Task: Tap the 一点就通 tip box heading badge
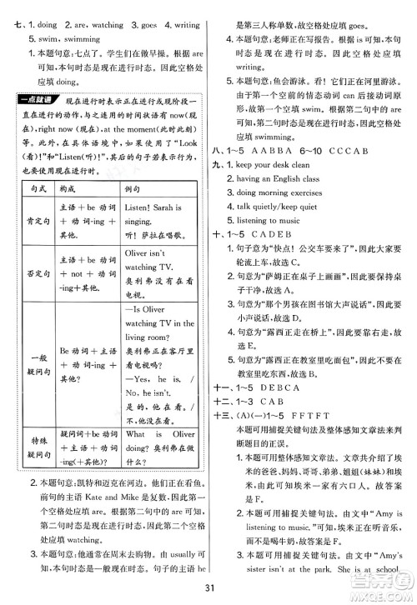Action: click(x=38, y=124)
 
